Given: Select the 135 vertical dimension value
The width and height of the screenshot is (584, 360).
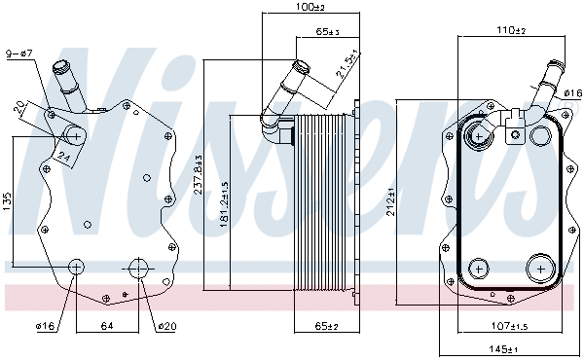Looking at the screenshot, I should tap(8, 201).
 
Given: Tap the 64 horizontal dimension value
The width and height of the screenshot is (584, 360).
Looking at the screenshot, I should tap(108, 326).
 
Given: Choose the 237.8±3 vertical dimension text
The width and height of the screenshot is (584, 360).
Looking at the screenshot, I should tap(199, 178).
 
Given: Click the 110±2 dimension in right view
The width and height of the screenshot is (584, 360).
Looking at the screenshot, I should tap(510, 31).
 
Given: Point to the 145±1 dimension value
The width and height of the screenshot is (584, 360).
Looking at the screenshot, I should tap(503, 348).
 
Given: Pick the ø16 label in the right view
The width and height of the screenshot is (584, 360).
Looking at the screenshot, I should tap(572, 93).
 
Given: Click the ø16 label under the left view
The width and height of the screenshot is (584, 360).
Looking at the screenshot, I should tap(47, 326).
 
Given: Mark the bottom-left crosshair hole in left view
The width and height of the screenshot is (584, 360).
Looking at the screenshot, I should tap(77, 267).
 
